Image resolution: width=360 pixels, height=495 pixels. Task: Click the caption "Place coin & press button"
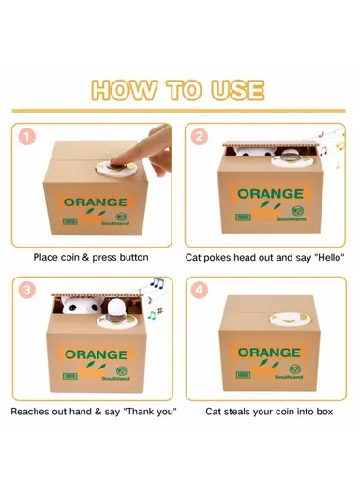coord(91,256)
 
